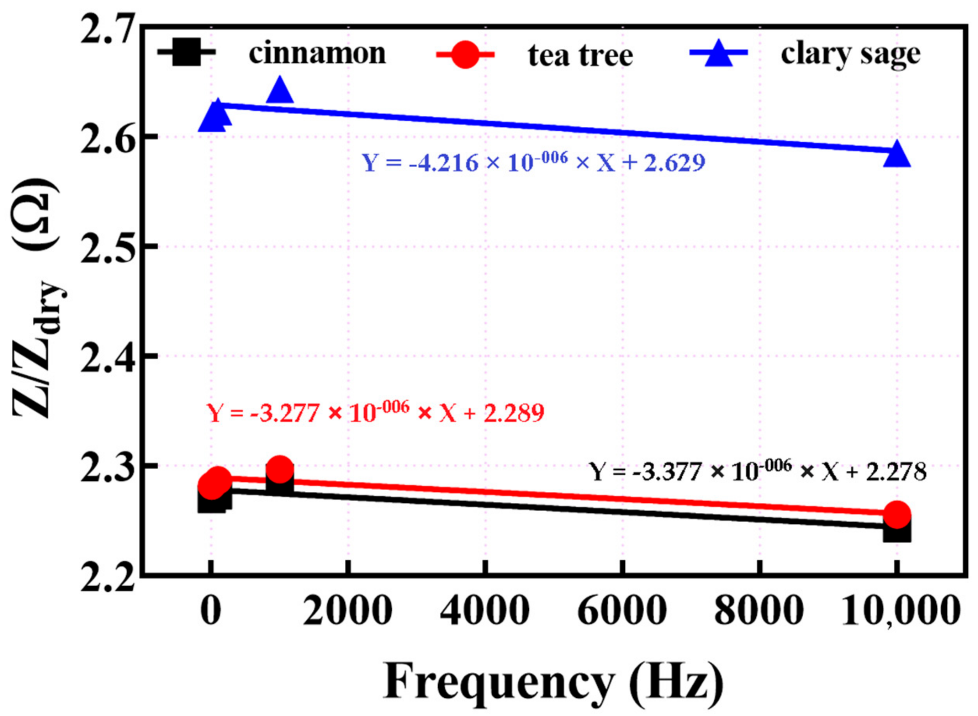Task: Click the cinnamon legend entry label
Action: click(x=317, y=53)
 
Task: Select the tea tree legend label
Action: click(x=580, y=55)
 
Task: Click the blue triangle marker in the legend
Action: click(x=718, y=53)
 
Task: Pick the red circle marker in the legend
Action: click(x=465, y=55)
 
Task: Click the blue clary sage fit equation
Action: click(x=533, y=163)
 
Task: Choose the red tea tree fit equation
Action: click(x=375, y=412)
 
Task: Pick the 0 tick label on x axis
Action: click(x=211, y=611)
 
